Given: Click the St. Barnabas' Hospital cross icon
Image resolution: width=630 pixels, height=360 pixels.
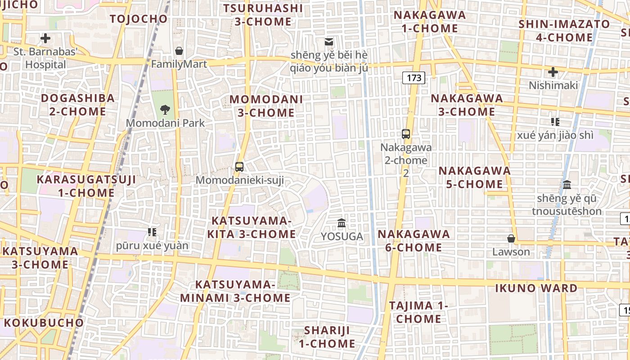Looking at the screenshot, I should [x=45, y=38].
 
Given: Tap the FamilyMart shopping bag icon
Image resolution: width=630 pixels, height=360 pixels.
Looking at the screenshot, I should [x=179, y=51].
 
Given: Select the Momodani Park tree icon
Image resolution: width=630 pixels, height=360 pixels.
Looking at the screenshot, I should [x=165, y=109].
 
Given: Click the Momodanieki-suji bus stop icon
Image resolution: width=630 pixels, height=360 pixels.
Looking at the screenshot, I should [x=239, y=167].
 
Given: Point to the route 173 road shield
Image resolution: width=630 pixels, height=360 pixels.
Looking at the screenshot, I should [x=414, y=78].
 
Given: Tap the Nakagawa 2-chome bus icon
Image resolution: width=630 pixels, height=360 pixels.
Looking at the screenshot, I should [x=406, y=134].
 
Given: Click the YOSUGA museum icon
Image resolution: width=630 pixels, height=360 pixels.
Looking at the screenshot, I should [x=342, y=223].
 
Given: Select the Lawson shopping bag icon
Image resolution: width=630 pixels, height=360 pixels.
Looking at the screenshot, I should [x=511, y=238].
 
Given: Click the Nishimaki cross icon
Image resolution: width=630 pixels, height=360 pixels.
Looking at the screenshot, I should [x=553, y=72].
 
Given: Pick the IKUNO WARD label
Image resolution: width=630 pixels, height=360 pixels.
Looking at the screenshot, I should [x=536, y=288].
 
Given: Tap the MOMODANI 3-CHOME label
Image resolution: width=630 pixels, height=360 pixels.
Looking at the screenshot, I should [x=266, y=106].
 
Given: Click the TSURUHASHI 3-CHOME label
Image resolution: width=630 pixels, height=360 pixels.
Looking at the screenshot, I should [x=263, y=15].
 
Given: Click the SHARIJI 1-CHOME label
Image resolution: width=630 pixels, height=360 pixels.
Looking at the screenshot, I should [x=327, y=337].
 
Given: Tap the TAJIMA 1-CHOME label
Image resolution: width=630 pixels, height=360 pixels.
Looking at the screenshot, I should [x=419, y=312].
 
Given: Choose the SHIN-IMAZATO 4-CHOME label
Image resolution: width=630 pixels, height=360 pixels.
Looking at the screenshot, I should [x=564, y=31].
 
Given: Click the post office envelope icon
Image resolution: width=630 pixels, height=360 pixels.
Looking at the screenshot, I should [x=329, y=42].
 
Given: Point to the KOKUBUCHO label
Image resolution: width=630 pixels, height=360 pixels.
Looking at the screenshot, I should [x=44, y=323].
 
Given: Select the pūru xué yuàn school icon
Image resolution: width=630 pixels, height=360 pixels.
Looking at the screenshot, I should [x=152, y=232].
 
